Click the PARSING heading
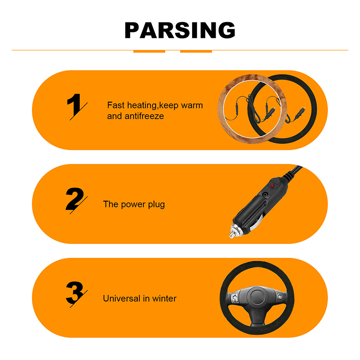(180, 30)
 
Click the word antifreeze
(144, 116)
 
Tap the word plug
(156, 204)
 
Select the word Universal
(121, 298)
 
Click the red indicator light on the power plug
(272, 185)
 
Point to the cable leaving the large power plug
(293, 171)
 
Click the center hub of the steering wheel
(257, 297)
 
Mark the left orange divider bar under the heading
(149, 51)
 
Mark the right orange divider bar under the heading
(196, 51)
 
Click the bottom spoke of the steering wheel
(257, 318)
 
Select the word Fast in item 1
(116, 105)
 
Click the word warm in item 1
(192, 105)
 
